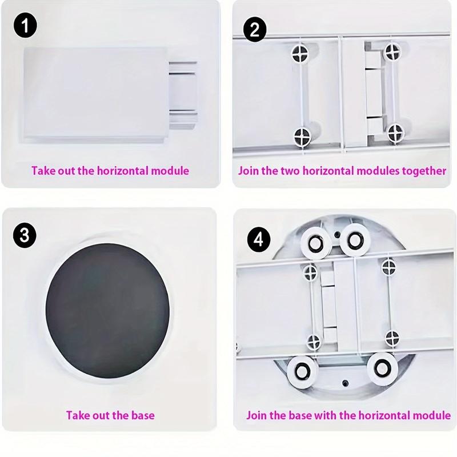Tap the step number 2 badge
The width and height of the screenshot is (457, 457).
254,29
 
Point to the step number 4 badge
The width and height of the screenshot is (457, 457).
258,238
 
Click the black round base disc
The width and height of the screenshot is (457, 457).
107,311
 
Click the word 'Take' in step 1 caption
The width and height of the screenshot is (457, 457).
43,170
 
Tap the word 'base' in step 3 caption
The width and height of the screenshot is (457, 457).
142,415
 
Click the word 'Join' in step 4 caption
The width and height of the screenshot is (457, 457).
256,415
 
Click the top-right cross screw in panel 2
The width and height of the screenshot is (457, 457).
391,52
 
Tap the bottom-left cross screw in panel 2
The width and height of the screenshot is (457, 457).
301,136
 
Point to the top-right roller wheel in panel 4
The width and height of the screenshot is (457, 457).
352,239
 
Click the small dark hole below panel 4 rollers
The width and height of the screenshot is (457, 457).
344,382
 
